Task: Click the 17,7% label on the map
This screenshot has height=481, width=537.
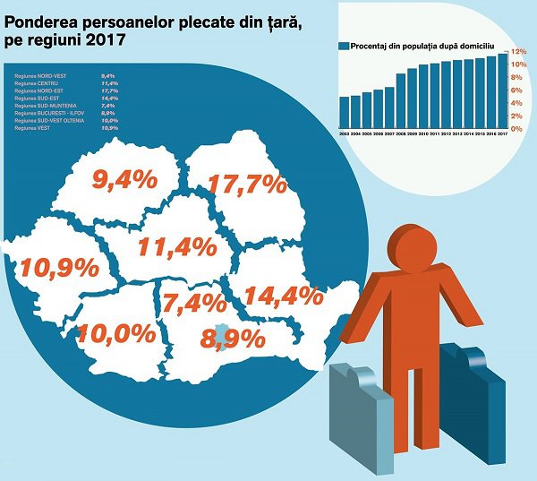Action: [247, 185]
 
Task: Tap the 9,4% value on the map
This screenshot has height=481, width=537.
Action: [125, 179]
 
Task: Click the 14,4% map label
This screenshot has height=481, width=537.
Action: [283, 294]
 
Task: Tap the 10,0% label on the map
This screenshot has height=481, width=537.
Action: [116, 334]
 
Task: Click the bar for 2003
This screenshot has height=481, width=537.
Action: [345, 110]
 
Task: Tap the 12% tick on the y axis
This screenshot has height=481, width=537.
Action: [517, 52]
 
